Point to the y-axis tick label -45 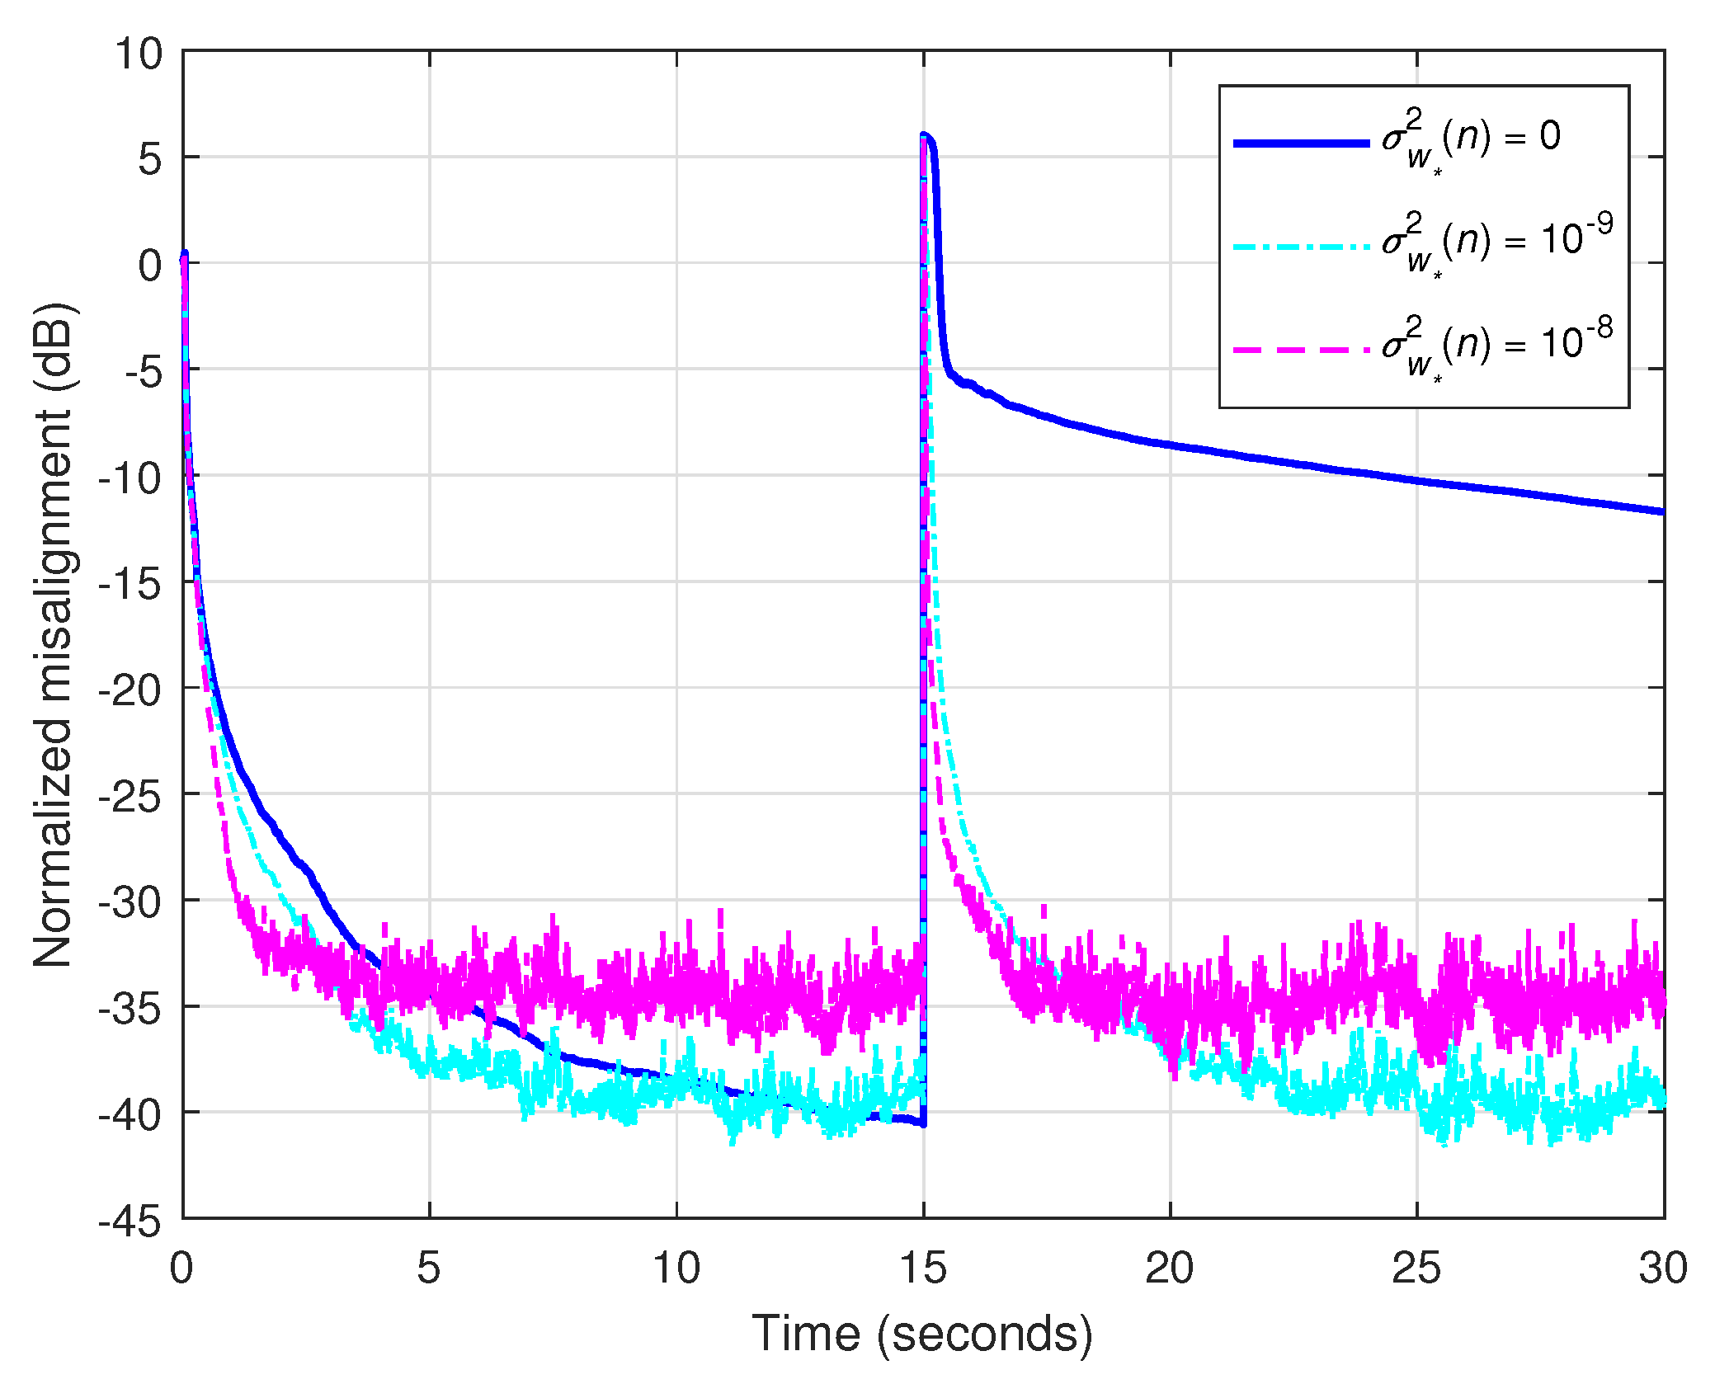tap(130, 1221)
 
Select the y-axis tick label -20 tap(130, 690)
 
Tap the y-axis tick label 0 tap(150, 266)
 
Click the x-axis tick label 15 tap(923, 1268)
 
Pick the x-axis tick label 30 tap(1663, 1268)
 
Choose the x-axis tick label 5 tap(429, 1268)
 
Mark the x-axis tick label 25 tap(1416, 1268)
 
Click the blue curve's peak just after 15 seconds tap(925, 134)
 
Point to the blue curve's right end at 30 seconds tap(1662, 511)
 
